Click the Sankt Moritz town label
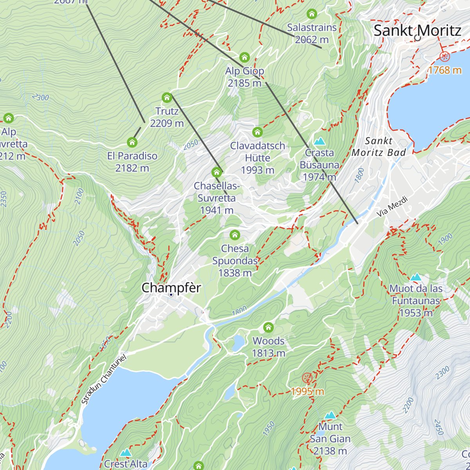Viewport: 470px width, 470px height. click(x=417, y=30)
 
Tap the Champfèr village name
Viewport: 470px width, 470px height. click(x=171, y=288)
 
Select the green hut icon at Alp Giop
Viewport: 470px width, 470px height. click(x=244, y=58)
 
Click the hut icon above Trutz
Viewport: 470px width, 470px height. click(x=167, y=98)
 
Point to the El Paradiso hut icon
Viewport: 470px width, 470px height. click(x=132, y=142)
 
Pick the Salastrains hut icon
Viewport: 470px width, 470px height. click(x=312, y=14)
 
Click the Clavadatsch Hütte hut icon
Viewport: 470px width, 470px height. click(x=257, y=132)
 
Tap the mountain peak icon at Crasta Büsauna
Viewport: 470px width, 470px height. click(x=320, y=141)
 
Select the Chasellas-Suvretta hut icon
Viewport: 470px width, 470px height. click(x=217, y=172)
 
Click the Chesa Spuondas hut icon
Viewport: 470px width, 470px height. click(x=235, y=235)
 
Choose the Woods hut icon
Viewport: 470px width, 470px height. click(x=268, y=327)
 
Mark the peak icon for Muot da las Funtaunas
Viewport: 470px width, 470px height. click(x=416, y=277)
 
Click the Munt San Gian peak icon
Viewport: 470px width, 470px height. click(x=330, y=415)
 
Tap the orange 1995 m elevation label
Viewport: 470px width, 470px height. click(x=307, y=391)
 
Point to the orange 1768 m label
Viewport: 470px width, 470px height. click(x=445, y=70)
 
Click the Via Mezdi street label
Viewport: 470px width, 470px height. click(x=392, y=207)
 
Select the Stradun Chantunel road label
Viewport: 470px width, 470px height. click(x=103, y=381)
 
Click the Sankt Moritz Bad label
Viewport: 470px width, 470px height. click(x=378, y=146)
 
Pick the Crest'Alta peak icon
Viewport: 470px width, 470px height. click(x=126, y=453)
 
